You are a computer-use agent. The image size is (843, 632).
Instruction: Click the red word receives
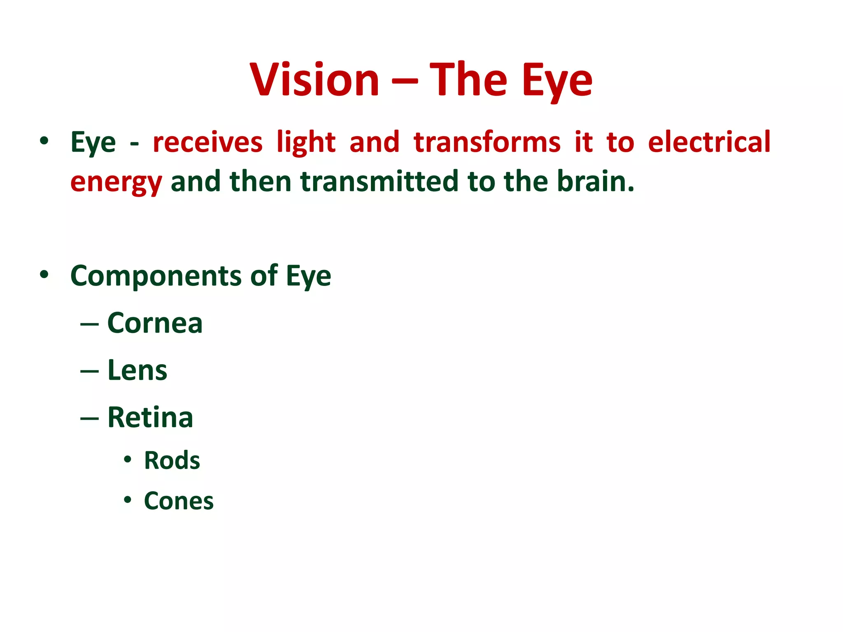click(207, 142)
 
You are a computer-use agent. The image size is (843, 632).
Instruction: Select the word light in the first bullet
click(306, 142)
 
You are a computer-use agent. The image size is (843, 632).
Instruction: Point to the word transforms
click(487, 142)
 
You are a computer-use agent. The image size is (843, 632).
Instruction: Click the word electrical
click(709, 142)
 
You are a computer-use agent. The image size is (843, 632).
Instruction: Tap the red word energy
click(116, 181)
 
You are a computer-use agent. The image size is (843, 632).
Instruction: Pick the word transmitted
click(379, 181)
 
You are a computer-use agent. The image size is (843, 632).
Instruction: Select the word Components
click(156, 276)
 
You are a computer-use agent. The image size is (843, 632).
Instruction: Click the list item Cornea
click(155, 323)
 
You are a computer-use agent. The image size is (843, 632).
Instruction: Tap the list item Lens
click(137, 370)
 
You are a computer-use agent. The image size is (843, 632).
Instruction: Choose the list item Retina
click(150, 418)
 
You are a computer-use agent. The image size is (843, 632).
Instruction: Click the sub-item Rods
click(172, 460)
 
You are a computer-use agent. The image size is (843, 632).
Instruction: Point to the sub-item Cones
click(179, 501)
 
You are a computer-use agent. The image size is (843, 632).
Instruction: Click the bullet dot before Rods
click(128, 459)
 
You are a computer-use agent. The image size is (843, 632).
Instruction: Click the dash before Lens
click(89, 372)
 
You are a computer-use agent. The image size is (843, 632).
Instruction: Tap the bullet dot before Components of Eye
click(44, 274)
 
